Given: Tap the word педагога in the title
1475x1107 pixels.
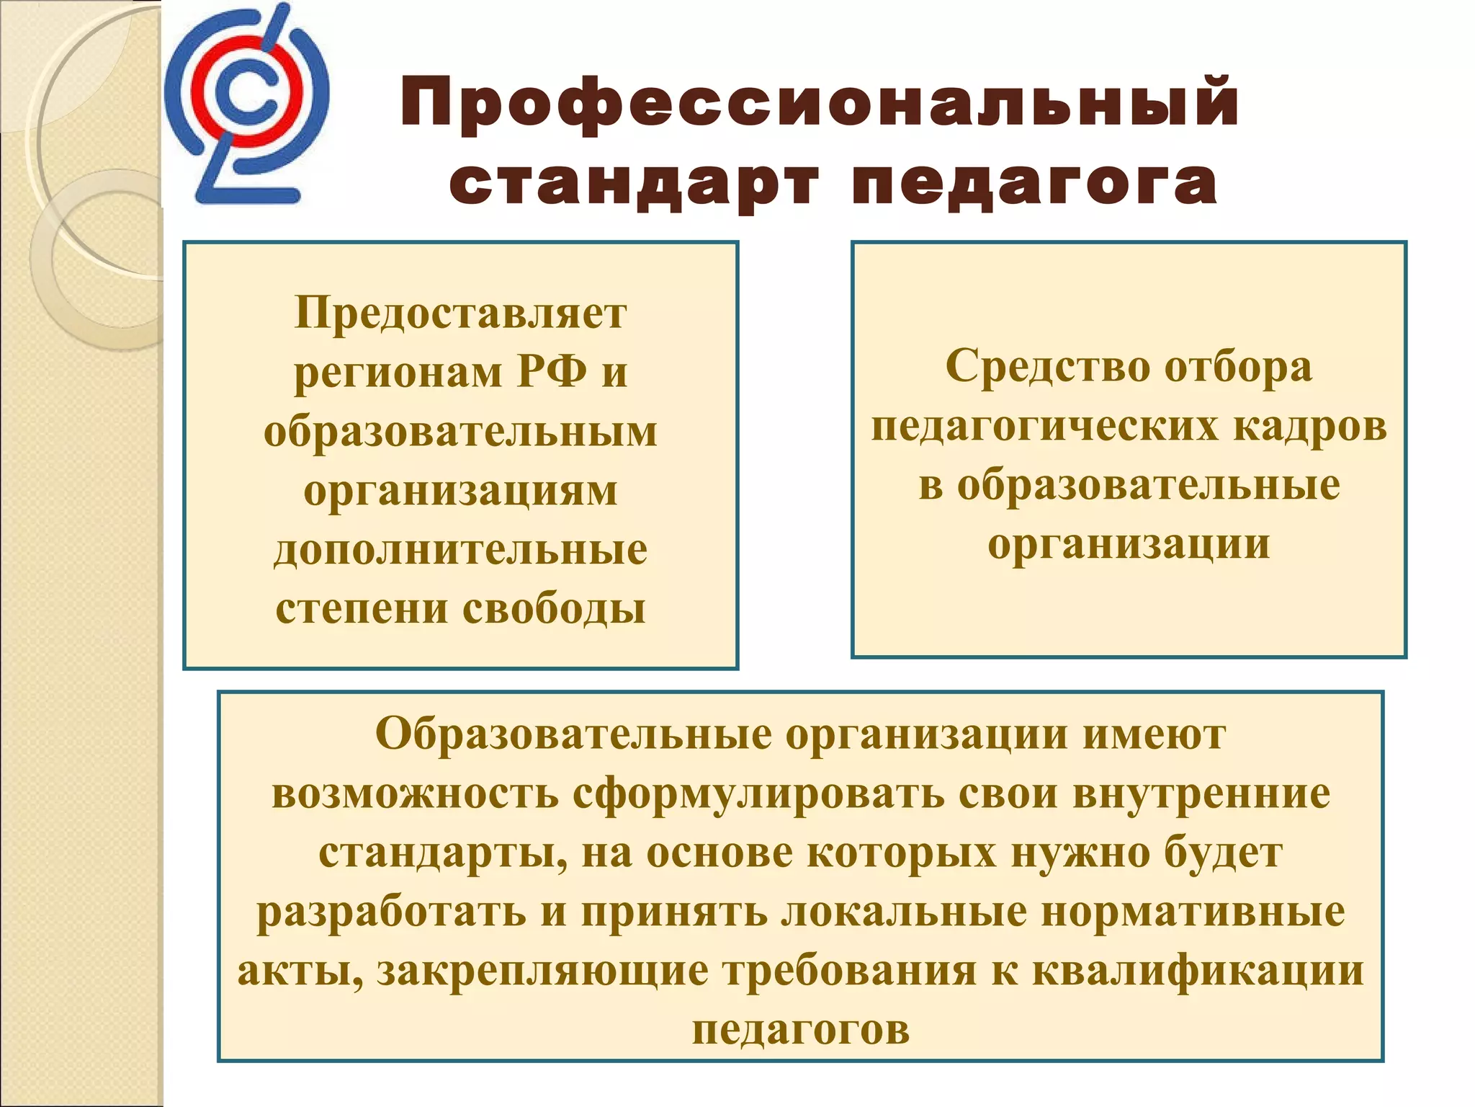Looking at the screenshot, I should pos(1034,184).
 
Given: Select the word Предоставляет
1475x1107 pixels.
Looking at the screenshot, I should pos(461,314).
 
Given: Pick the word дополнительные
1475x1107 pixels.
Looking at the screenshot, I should pos(461,551).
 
